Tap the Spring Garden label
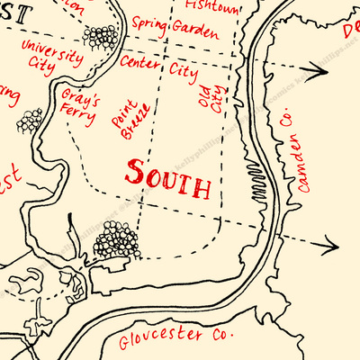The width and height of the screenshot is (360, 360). click(x=175, y=27)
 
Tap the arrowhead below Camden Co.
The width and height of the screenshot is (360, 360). click(x=328, y=243)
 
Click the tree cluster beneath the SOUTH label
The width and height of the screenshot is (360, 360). click(x=118, y=239)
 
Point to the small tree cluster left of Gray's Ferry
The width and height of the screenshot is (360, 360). click(x=31, y=119)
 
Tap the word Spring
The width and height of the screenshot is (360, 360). click(x=149, y=22)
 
